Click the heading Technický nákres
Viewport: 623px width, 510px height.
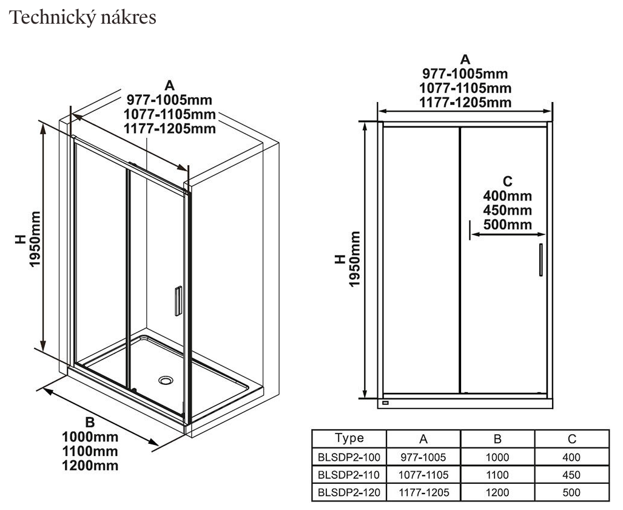click(x=83, y=18)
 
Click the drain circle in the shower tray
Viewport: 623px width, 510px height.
click(x=166, y=380)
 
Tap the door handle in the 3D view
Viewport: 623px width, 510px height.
click(x=178, y=301)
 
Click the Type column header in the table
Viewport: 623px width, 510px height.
click(x=349, y=438)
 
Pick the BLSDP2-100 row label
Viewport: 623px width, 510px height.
click(x=349, y=457)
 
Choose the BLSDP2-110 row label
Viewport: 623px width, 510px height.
click(x=349, y=475)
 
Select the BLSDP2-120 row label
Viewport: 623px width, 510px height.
click(x=349, y=492)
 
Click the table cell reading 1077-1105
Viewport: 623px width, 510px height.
click(x=423, y=475)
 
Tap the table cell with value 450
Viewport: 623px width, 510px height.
click(x=571, y=475)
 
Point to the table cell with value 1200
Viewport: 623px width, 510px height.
click(x=497, y=492)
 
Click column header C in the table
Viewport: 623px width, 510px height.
click(x=571, y=439)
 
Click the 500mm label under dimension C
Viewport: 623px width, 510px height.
click(x=507, y=225)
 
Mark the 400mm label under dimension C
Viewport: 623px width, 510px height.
click(x=507, y=195)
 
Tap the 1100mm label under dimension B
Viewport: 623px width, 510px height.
click(x=90, y=451)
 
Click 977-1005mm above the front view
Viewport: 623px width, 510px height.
click(x=465, y=73)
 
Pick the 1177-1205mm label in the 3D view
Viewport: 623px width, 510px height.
click(x=169, y=128)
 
